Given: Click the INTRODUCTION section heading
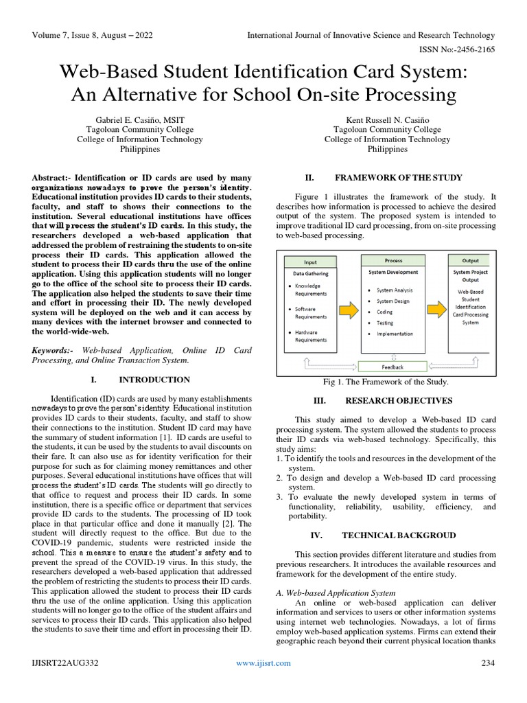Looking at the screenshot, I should [154, 380].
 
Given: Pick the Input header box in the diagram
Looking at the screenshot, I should [310, 262].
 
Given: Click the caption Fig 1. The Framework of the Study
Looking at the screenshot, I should [385, 382].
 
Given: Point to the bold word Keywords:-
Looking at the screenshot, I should [54, 350].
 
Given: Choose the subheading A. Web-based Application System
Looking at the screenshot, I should [335, 592].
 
